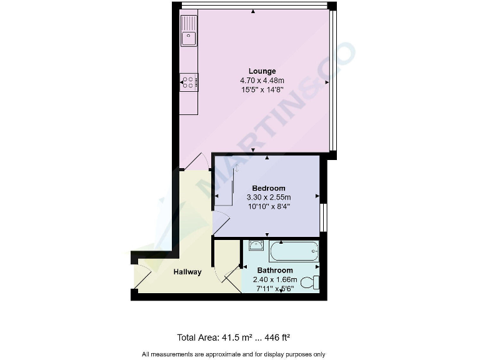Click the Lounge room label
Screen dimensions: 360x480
(x=262, y=71)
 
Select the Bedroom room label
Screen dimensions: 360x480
(x=269, y=188)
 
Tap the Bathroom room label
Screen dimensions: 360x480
(x=275, y=271)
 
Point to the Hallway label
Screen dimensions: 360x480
(x=187, y=272)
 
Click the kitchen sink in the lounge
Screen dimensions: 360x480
(x=189, y=38)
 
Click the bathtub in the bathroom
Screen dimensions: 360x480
(x=294, y=251)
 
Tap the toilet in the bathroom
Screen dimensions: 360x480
(x=310, y=282)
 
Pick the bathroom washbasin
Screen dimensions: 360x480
(x=255, y=246)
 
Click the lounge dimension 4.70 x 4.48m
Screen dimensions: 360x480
(x=262, y=81)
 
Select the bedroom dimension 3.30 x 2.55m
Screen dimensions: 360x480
(x=269, y=197)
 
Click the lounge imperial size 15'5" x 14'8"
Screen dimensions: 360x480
(x=262, y=89)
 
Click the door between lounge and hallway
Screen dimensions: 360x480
(x=197, y=161)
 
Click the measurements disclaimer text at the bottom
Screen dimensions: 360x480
(x=234, y=354)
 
